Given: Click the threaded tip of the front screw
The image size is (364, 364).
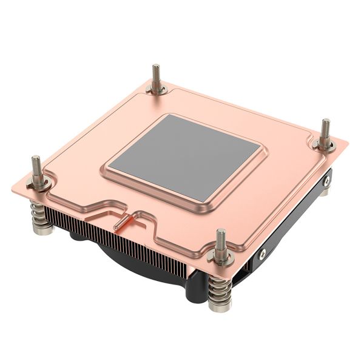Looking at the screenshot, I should pyautogui.click(x=221, y=237).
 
